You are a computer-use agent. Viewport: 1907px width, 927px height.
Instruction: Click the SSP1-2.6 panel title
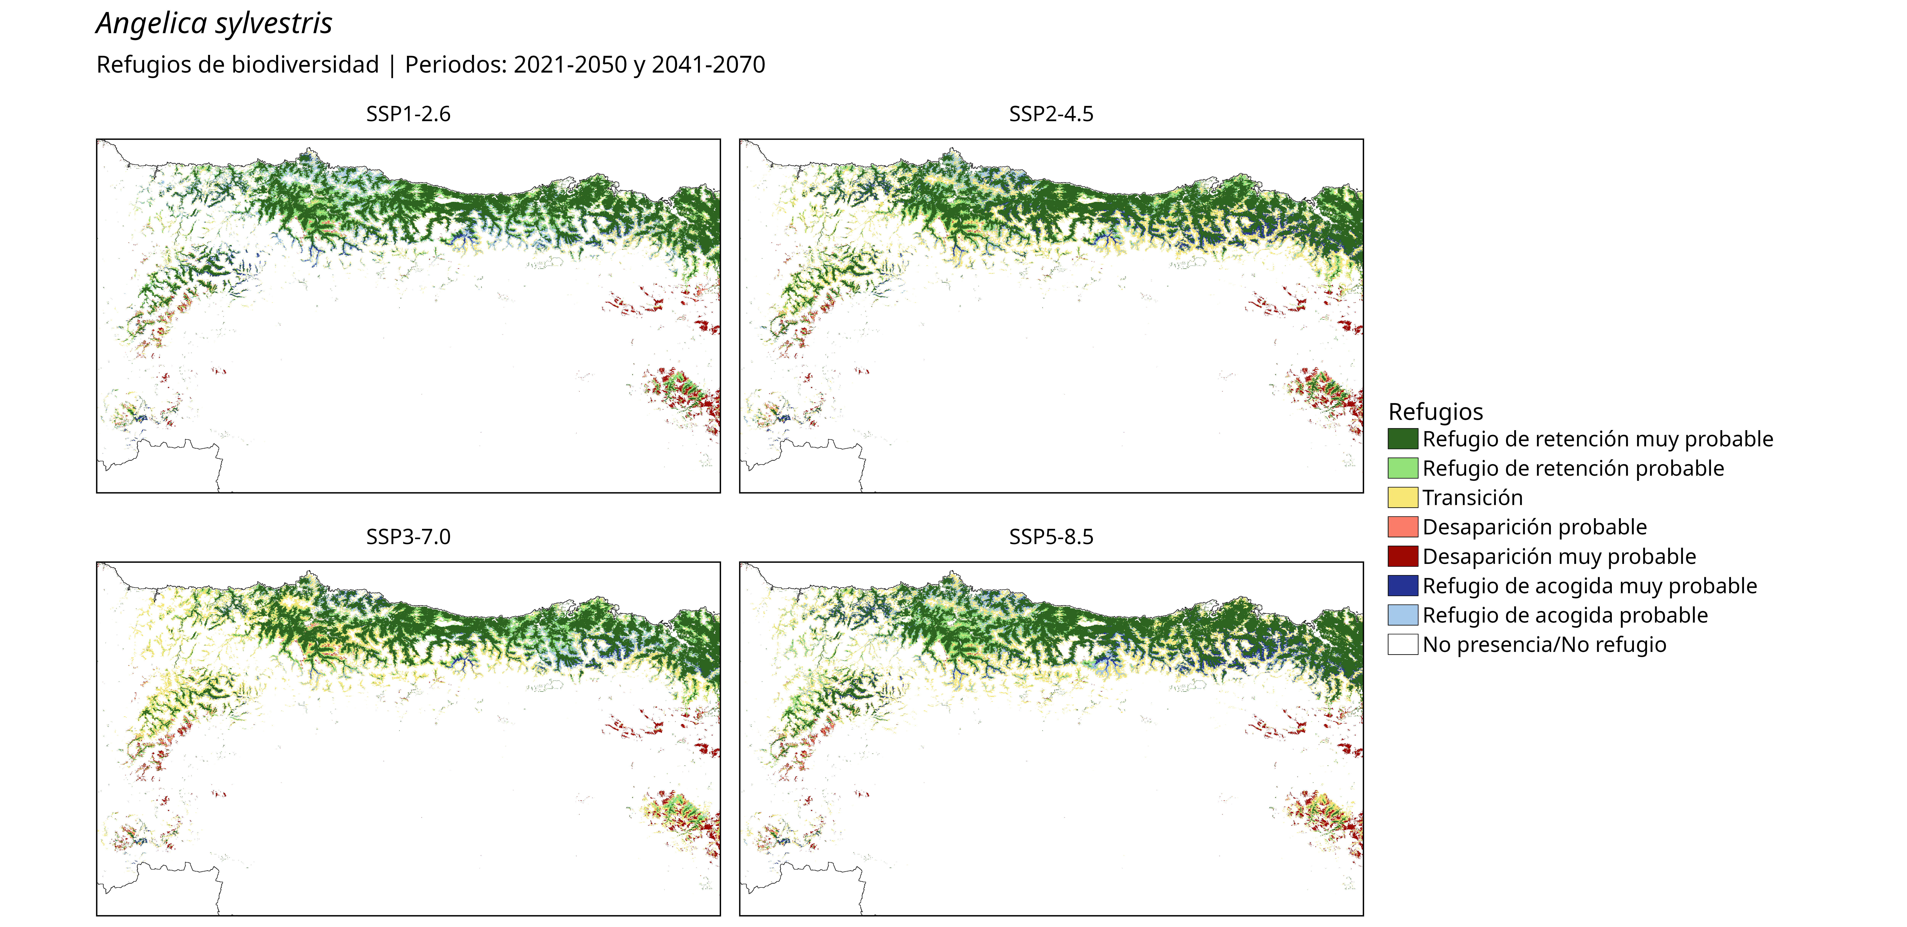pyautogui.click(x=408, y=114)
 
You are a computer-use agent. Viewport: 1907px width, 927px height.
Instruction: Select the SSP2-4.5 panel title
pyautogui.click(x=1051, y=114)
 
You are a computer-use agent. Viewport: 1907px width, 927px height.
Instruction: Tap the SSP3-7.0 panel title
pyautogui.click(x=408, y=537)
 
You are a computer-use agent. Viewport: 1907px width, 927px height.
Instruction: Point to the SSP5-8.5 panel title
pyautogui.click(x=1051, y=537)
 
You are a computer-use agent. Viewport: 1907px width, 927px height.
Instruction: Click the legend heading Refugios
pyautogui.click(x=1435, y=411)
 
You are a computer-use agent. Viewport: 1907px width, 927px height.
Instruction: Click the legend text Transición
pyautogui.click(x=1472, y=498)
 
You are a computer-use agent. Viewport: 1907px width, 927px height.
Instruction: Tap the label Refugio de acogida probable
pyautogui.click(x=1565, y=616)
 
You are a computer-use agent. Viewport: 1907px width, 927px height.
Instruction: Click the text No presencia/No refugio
pyautogui.click(x=1544, y=645)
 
